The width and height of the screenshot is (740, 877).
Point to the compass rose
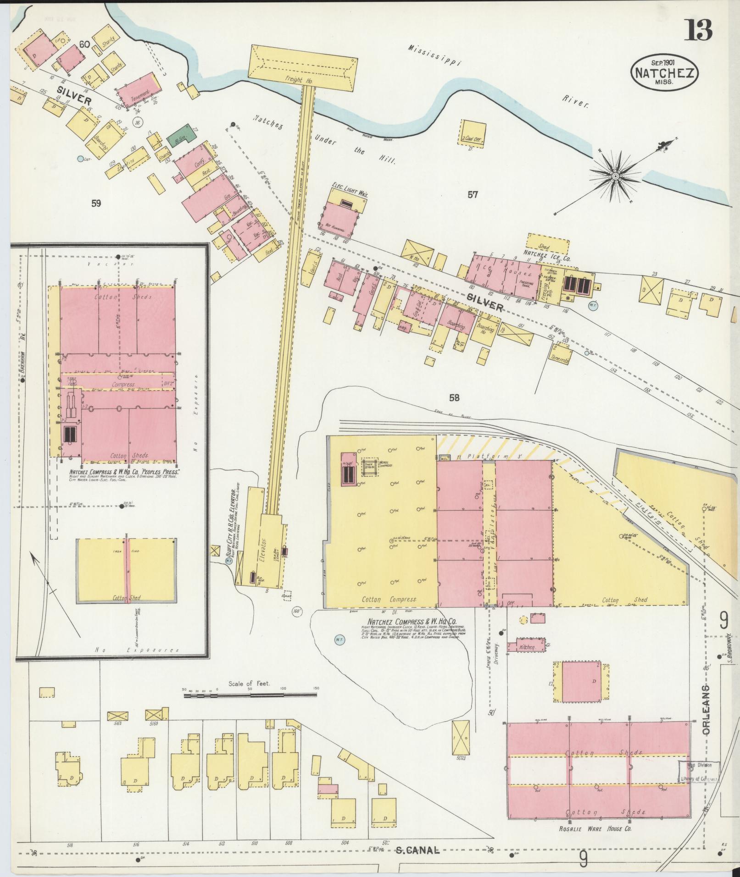coord(615,176)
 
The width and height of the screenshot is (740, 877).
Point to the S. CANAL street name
coord(417,850)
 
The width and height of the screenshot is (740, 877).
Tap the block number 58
coord(454,398)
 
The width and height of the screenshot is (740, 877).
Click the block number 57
coord(473,195)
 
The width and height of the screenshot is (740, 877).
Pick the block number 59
coord(95,203)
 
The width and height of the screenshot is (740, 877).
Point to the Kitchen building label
coord(526,647)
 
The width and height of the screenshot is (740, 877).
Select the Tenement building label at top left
coord(140,94)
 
